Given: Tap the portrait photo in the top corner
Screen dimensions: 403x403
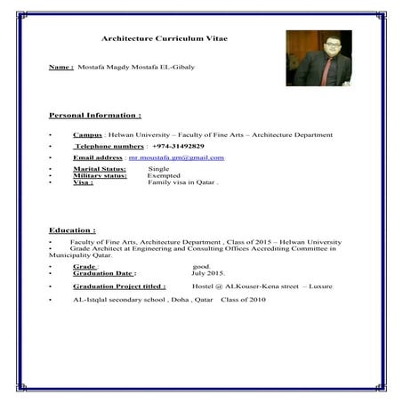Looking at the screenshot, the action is point(318,58).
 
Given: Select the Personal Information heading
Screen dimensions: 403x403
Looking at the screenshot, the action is point(94,116).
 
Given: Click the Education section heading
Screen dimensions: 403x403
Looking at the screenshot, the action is point(72,230).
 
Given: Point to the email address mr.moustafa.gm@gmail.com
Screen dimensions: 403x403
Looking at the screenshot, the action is point(176,157).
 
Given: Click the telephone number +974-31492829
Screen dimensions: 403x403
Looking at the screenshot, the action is point(178,145).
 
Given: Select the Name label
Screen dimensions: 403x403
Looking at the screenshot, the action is point(60,67).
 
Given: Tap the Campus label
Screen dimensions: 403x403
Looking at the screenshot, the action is point(88,134).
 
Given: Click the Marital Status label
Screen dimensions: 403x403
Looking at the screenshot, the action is point(100,168).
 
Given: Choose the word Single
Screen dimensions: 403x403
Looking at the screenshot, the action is point(158,168).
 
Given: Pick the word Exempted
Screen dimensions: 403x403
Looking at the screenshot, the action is point(164,175).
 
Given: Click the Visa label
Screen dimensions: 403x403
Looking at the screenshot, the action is point(83,182).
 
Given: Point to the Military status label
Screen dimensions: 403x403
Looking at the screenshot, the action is point(100,175).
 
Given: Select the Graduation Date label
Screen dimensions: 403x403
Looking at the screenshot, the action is point(105,273).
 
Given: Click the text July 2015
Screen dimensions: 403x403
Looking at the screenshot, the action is point(209,273).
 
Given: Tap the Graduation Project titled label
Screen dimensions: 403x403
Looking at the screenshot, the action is point(119,286).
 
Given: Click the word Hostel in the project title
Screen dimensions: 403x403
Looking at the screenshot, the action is point(204,286).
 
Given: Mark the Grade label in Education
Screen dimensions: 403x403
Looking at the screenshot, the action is point(85,266).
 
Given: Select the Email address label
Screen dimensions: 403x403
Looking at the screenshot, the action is point(98,157).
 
